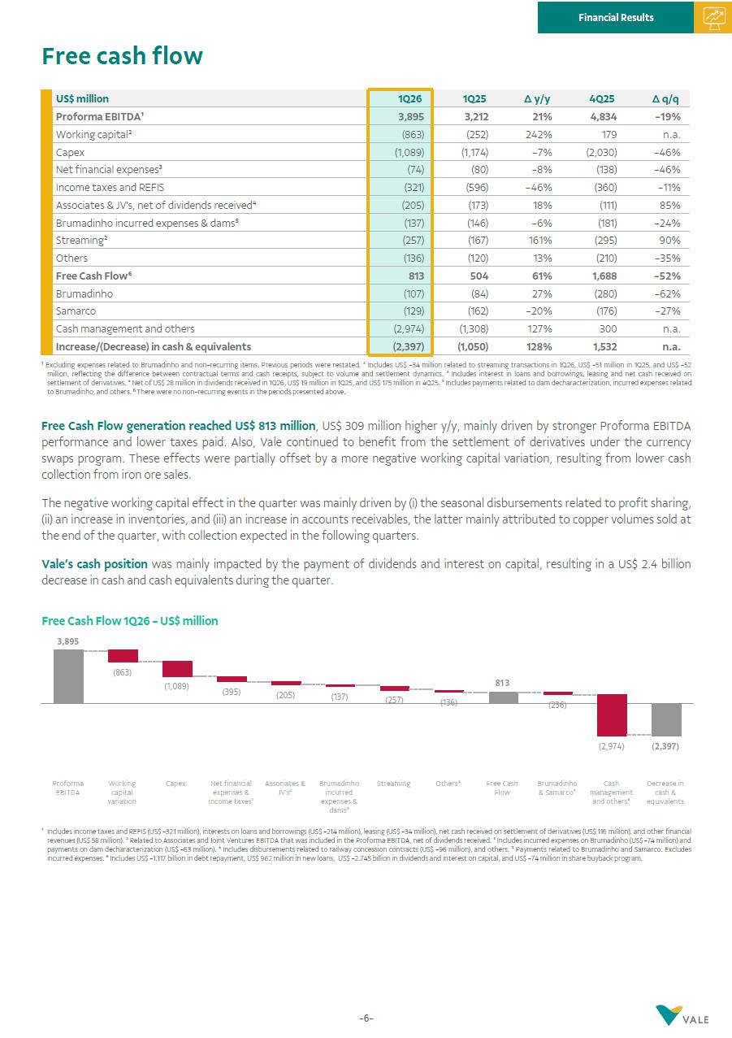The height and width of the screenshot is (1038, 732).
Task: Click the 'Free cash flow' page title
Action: coord(122,56)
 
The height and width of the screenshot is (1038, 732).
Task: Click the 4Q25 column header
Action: coord(602,98)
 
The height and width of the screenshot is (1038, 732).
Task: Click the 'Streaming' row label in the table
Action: coord(81,241)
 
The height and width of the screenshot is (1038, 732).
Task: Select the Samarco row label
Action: coord(76,311)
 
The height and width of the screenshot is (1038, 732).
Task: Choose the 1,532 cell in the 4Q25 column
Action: coord(602,347)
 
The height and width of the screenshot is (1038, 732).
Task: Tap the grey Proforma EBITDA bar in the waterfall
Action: coord(68,676)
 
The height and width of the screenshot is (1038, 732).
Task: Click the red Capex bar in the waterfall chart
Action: coord(177,669)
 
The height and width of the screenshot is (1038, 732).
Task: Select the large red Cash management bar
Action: coord(612,715)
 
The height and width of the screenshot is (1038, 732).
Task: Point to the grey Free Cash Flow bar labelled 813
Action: coord(503,697)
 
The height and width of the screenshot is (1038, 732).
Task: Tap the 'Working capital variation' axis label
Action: coord(122,793)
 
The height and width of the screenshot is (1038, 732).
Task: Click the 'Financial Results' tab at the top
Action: coord(616,17)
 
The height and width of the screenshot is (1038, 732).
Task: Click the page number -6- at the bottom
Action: coord(366,1018)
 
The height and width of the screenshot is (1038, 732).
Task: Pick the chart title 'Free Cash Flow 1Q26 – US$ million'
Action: coord(130,621)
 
